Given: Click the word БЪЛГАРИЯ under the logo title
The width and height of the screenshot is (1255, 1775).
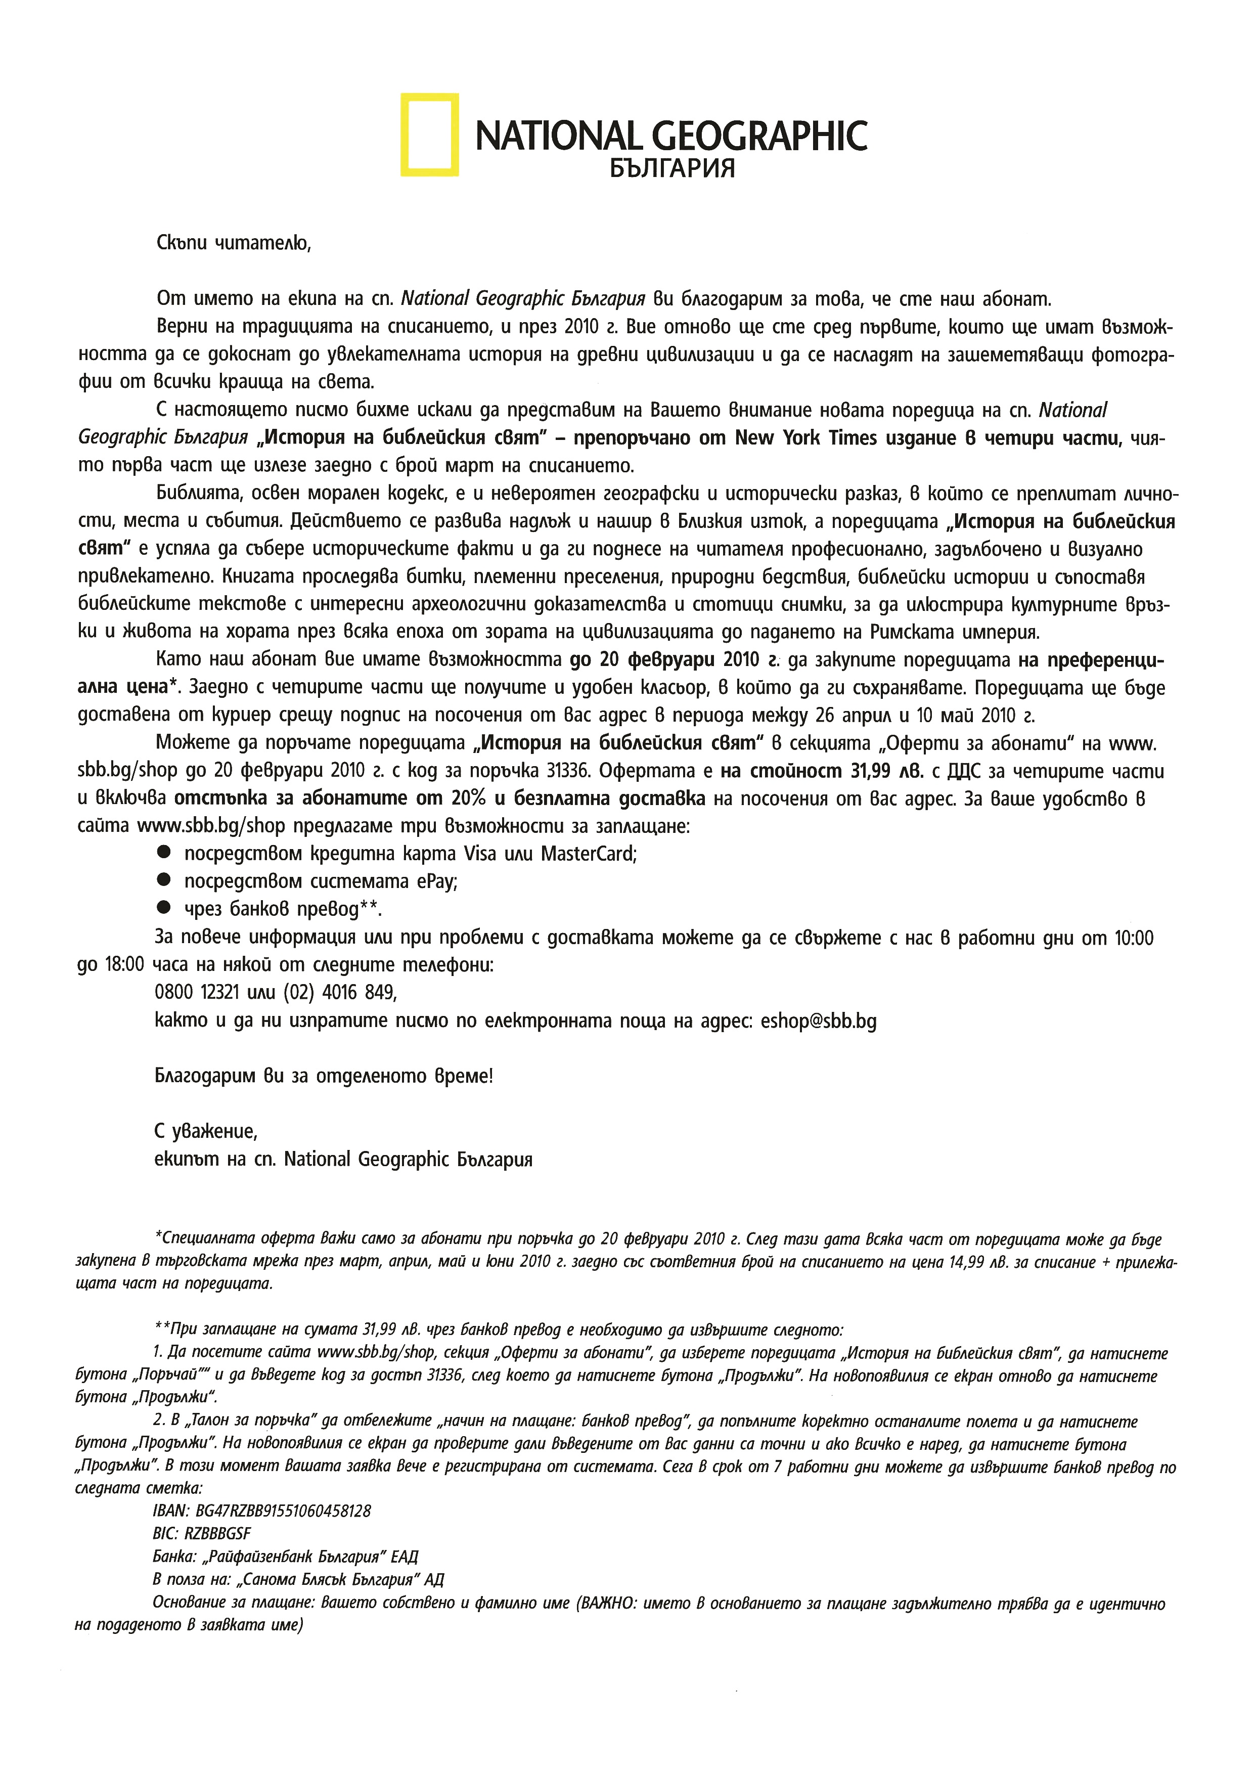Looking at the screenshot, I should point(671,168).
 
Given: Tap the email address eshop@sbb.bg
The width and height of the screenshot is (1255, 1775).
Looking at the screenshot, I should point(818,1021).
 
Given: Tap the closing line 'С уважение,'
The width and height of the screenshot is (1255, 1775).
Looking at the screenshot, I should point(206,1132).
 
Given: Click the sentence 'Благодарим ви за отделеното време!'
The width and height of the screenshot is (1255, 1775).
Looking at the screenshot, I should point(324,1076).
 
